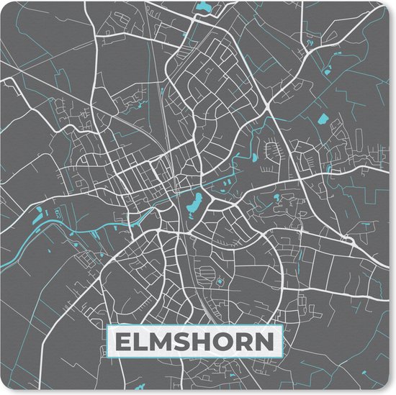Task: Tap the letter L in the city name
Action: [143, 340]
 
